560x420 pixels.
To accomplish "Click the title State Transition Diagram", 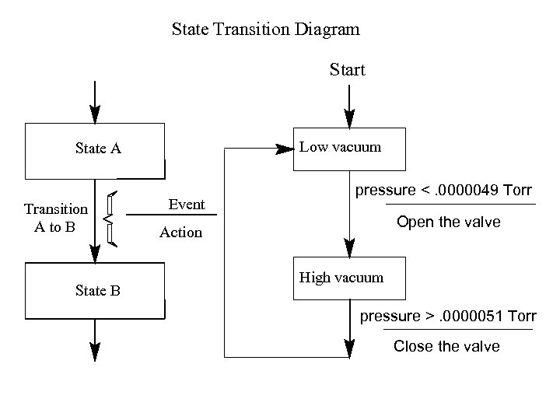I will pyautogui.click(x=265, y=30).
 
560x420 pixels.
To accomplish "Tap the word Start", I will pyautogui.click(x=347, y=70).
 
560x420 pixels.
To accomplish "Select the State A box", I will pyautogui.click(x=95, y=150).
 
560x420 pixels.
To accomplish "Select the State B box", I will pyautogui.click(x=95, y=291).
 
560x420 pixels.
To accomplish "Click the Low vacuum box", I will pyautogui.click(x=349, y=147).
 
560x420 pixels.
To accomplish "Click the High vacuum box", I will pyautogui.click(x=349, y=278).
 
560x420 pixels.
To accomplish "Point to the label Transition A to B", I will pyautogui.click(x=55, y=218).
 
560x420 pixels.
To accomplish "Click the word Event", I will pyautogui.click(x=187, y=205).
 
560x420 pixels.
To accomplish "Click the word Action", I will pyautogui.click(x=180, y=233).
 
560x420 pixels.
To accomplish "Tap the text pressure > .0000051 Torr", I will pyautogui.click(x=447, y=317).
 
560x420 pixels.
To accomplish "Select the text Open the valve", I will pyautogui.click(x=448, y=222).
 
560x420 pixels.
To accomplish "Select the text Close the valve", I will pyautogui.click(x=446, y=346).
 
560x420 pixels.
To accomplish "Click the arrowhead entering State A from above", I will pyautogui.click(x=95, y=114).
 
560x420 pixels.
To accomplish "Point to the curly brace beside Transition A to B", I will pyautogui.click(x=111, y=219).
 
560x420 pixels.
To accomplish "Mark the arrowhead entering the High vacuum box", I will pyautogui.click(x=349, y=247).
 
